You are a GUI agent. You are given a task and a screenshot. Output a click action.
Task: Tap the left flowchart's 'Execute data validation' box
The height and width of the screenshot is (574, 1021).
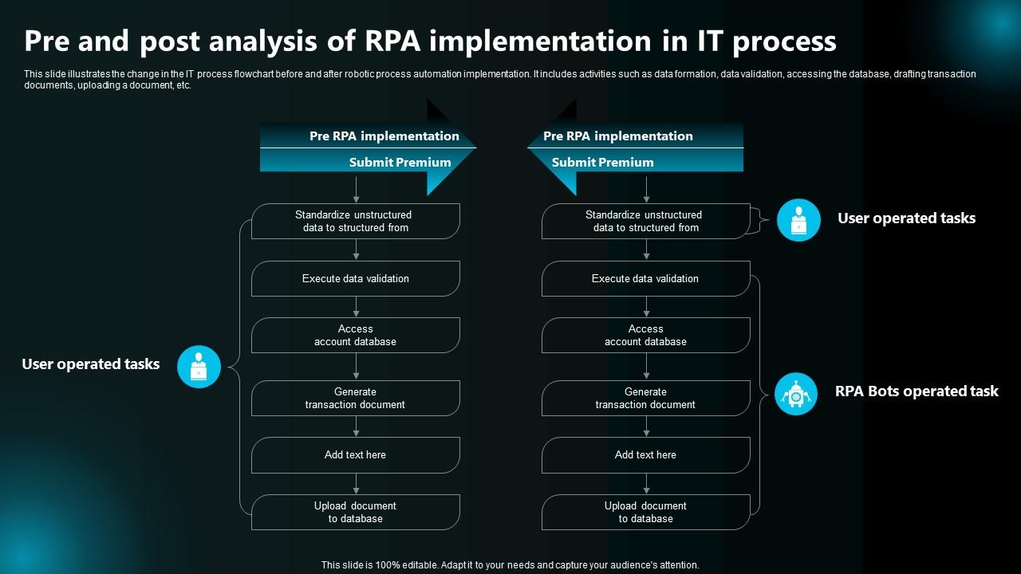356,278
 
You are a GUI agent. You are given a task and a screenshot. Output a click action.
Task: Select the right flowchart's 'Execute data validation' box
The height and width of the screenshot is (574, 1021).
645,278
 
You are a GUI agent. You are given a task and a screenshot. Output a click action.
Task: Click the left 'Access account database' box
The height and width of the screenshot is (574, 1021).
356,335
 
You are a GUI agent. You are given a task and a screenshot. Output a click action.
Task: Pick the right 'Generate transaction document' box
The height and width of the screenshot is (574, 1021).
645,398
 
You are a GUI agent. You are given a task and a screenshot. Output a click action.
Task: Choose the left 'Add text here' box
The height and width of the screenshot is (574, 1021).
356,455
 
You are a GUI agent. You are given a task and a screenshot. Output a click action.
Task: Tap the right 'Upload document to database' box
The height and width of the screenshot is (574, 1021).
645,512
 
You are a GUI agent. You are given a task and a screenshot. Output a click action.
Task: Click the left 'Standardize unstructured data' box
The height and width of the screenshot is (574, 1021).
356,221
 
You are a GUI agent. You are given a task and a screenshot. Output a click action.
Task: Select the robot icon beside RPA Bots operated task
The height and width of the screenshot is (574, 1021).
796,394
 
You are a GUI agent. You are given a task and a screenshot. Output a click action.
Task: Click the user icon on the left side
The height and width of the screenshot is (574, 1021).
199,367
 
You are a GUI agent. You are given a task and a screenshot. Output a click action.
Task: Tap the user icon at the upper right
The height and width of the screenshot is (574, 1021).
798,220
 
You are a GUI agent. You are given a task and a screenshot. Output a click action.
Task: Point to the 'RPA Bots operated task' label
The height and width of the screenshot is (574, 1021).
917,391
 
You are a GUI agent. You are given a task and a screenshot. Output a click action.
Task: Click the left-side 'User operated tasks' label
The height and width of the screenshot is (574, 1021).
91,364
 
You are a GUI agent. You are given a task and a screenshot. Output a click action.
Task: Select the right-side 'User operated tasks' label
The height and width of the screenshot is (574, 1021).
906,218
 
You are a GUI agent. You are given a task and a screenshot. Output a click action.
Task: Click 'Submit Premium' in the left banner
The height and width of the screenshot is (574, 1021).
400,162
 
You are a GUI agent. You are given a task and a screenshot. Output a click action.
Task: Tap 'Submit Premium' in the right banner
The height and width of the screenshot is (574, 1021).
602,162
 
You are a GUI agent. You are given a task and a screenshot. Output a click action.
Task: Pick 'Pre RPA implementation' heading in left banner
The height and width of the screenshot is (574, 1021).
384,136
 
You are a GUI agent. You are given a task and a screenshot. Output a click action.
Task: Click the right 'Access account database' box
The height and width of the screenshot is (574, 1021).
645,335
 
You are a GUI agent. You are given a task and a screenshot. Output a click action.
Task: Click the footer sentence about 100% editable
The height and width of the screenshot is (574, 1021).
510,564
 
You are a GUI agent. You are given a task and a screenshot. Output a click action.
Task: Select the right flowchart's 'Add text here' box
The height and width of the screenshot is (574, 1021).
645,455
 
